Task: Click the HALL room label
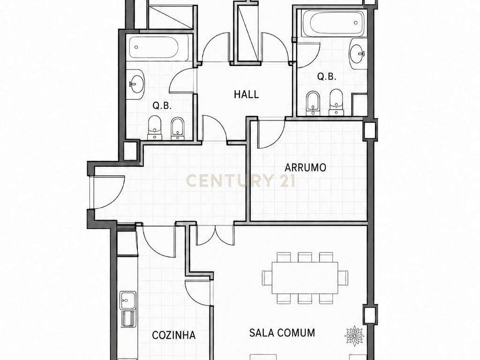(247, 94)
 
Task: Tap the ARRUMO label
(305, 168)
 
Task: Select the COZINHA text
(173, 335)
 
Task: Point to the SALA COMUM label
(282, 333)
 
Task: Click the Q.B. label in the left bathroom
(162, 106)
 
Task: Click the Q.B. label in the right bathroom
(327, 76)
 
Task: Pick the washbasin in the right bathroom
(358, 54)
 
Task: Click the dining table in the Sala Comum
(305, 277)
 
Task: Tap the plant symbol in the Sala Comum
(354, 336)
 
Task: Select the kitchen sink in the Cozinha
(128, 300)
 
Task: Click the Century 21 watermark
(240, 180)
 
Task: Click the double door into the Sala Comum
(215, 235)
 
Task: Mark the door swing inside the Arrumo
(271, 135)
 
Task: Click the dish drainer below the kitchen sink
(128, 319)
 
